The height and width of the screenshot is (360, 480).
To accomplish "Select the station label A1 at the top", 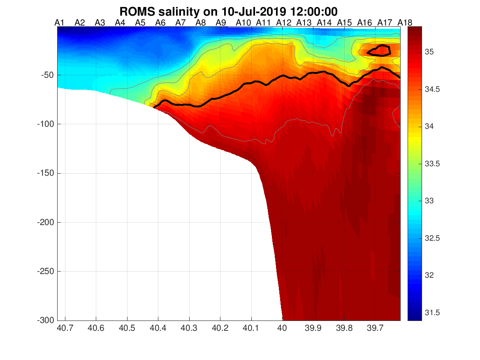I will coord(60,23).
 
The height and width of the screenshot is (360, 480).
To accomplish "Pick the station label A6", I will coord(160,23).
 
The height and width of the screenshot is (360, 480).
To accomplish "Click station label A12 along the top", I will coord(284,23).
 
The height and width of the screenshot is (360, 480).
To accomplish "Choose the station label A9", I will coord(221,23).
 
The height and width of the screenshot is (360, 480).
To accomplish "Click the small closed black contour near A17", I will coord(379,50).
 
